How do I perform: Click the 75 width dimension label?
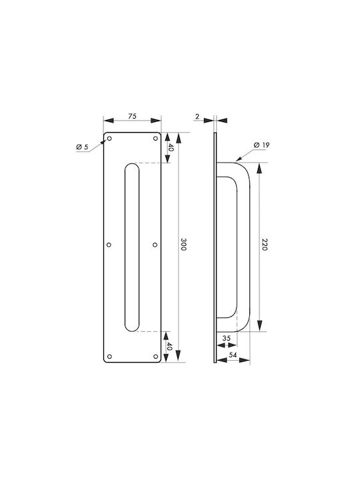[x=132, y=116]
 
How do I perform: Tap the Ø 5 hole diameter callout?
[x=82, y=147]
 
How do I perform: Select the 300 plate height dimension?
[x=183, y=244]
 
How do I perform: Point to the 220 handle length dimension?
[x=265, y=244]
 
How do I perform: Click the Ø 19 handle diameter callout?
[x=262, y=145]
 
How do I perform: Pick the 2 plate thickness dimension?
[x=197, y=116]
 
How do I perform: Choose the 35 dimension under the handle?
[x=226, y=338]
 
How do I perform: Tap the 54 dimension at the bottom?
[x=233, y=355]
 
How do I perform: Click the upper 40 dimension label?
[x=171, y=147]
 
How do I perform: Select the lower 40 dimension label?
[x=169, y=347]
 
